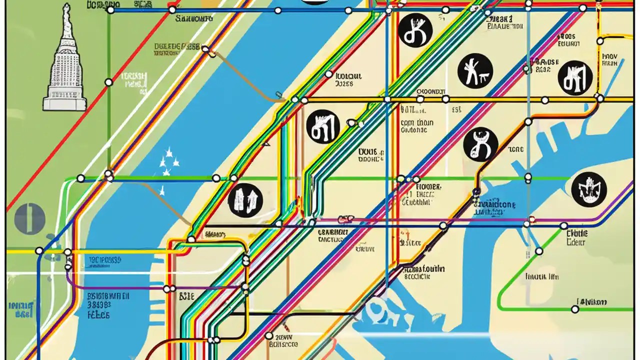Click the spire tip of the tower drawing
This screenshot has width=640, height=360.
[x=65, y=6]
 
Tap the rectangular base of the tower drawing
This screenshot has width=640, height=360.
[x=64, y=104]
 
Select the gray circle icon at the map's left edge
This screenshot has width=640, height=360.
[x=30, y=219]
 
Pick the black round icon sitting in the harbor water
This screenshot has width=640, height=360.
[x=589, y=189]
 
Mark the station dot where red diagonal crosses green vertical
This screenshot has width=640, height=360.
[x=108, y=82]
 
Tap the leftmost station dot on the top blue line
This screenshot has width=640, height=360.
[x=110, y=10]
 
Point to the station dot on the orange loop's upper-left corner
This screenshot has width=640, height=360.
[x=191, y=239]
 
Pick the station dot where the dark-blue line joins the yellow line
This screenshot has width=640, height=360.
[x=39, y=250]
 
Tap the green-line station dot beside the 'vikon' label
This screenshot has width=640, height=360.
[x=575, y=309]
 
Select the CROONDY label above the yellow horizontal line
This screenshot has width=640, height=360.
[x=430, y=92]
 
